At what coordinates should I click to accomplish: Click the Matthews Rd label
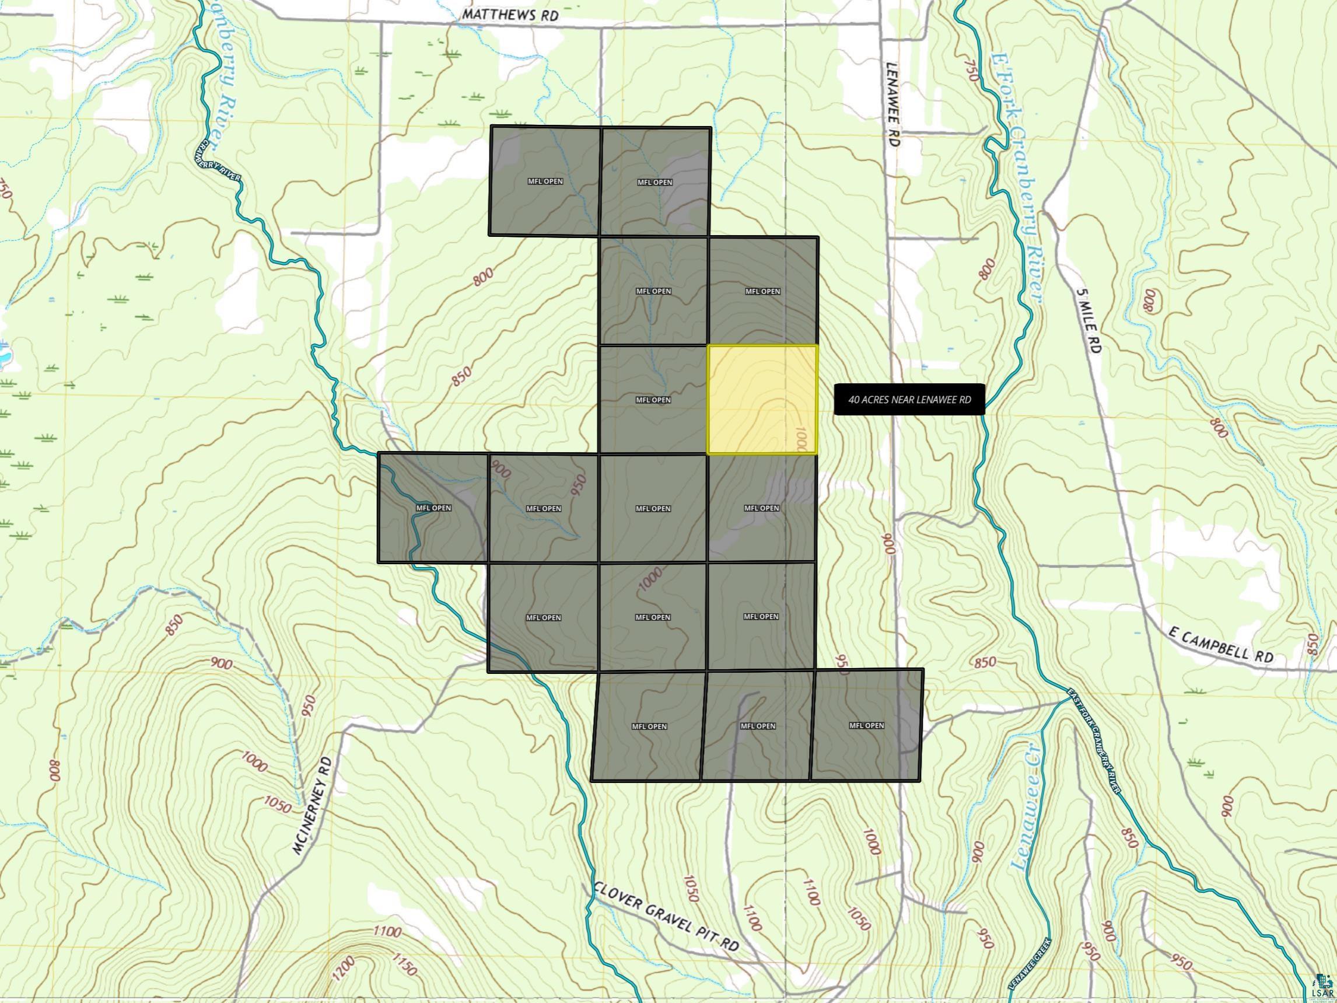[508, 15]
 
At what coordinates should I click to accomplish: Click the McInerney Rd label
[313, 805]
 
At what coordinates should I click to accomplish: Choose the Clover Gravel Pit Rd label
[666, 920]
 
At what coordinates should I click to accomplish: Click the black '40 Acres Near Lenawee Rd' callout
[909, 400]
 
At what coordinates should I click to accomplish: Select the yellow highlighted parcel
[762, 400]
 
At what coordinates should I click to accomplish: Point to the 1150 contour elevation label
[404, 964]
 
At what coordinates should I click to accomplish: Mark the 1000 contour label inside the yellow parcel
[801, 439]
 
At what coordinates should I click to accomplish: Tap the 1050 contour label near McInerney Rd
[278, 805]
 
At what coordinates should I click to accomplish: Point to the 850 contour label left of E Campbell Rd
[985, 662]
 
